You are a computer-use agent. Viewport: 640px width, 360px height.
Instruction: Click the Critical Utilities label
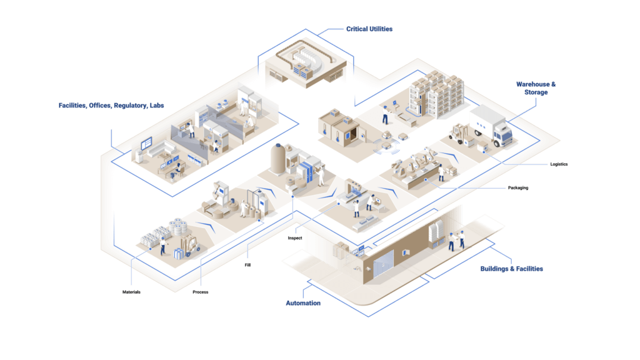point(369,29)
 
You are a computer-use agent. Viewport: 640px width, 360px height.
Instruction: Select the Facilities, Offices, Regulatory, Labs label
point(112,106)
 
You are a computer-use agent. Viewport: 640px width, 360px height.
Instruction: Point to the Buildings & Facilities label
point(511,269)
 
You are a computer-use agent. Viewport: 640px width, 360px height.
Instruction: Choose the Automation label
point(303,303)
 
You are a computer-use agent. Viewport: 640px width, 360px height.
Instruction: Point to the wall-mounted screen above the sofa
point(145,144)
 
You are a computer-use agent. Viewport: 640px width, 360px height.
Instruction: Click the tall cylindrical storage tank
point(277,159)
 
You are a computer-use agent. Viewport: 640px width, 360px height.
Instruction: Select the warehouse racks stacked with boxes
point(437,94)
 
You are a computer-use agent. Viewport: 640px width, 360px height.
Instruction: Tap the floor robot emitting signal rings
point(387,146)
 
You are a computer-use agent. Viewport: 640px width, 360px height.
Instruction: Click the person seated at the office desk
point(177,170)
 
